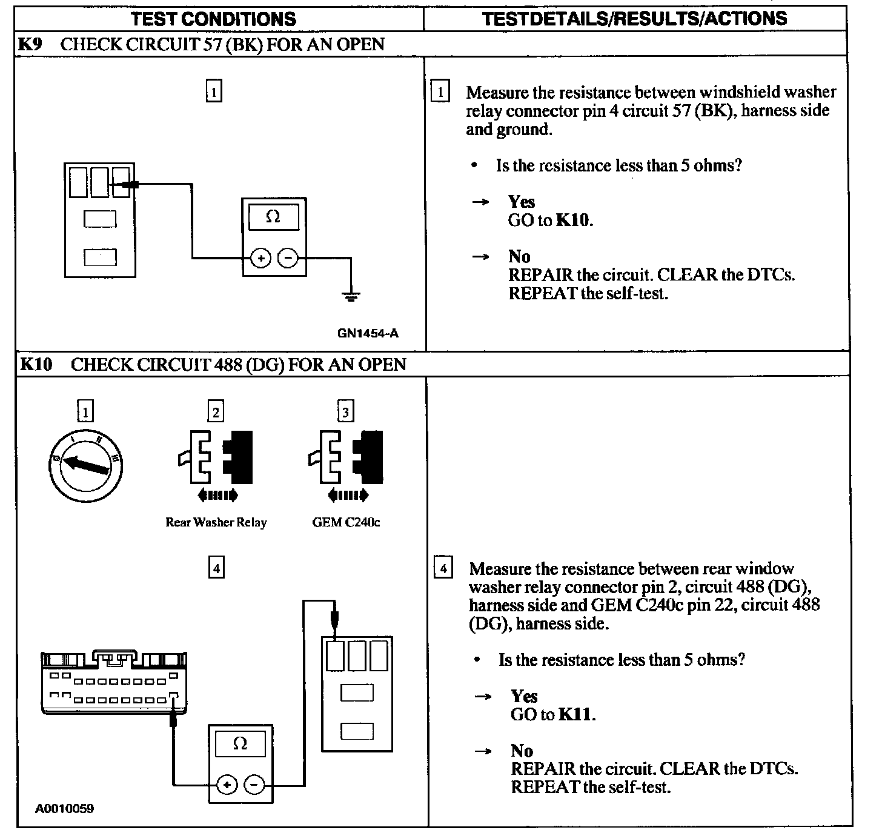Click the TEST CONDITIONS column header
214,19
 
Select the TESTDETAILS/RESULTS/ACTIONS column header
634,18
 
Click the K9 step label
30,44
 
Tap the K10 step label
36,364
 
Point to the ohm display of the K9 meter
274,216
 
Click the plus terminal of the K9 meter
260,259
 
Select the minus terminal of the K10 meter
254,786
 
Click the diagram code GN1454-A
368,333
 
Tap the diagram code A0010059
64,809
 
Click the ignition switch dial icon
86,465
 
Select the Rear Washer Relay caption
216,522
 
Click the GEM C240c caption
346,522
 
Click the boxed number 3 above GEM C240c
345,413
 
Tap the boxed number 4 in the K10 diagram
216,568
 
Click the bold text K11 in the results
576,715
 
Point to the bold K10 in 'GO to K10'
572,220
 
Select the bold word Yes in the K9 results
522,202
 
